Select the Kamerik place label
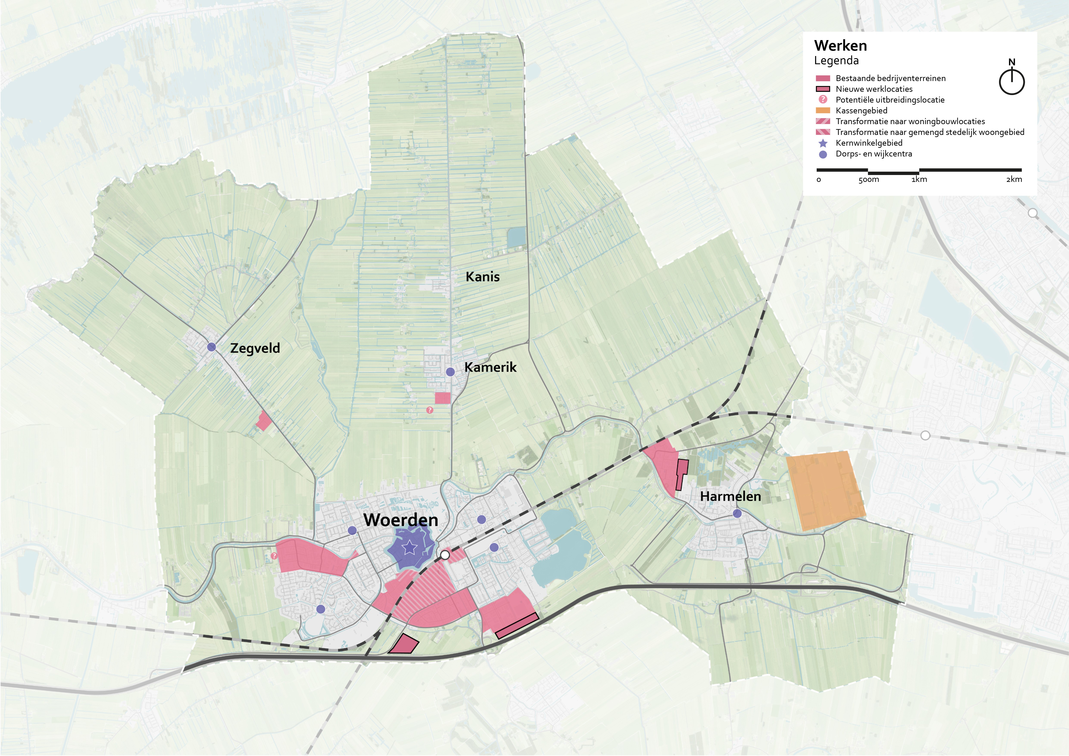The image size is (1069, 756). coord(490,367)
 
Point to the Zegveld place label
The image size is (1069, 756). coord(255,348)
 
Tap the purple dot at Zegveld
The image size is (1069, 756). coord(211,347)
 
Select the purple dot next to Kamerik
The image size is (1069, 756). coord(450,372)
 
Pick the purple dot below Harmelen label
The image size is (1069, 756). coord(737,514)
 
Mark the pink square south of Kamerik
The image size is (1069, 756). coord(443,398)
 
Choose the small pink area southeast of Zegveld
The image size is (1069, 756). coord(264,421)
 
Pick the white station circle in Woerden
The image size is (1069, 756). coord(445,555)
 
